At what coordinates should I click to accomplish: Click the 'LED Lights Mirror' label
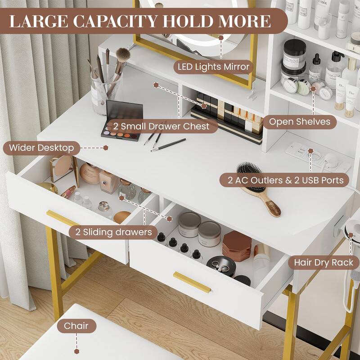pos(213,67)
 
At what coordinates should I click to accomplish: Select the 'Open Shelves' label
pos(300,121)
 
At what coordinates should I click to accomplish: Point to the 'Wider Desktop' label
pos(41,148)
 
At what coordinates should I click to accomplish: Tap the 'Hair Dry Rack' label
pos(324,262)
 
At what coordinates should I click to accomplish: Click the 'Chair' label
pos(76,325)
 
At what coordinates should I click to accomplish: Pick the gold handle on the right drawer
pos(192,282)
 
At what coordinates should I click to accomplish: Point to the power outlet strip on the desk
pos(317,157)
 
